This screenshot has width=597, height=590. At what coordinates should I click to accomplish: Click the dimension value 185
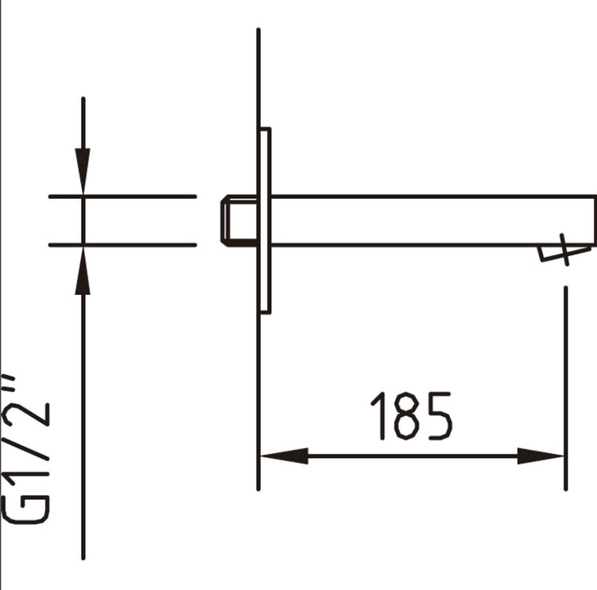(411, 416)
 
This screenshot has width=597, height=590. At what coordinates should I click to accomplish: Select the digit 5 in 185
(438, 416)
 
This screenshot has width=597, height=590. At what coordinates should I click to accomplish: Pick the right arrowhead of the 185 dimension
(541, 456)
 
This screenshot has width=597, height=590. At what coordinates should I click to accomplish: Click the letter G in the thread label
(27, 509)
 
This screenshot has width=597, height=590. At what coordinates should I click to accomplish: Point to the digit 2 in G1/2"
(27, 413)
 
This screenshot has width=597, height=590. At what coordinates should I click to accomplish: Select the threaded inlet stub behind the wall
(238, 220)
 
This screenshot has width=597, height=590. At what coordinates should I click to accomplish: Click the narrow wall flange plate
(265, 220)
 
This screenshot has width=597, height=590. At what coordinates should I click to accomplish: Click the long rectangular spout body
(431, 220)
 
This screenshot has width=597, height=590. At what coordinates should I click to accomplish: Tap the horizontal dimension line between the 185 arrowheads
(412, 456)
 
